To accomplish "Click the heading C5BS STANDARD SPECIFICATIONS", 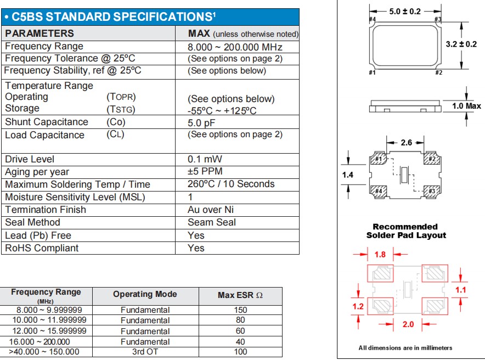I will (110, 17).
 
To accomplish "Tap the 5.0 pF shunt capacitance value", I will (201, 122).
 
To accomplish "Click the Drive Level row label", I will (30, 159).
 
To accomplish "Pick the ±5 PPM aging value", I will (205, 172).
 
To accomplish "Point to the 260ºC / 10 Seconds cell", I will (230, 184).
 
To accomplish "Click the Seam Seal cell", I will (212, 222).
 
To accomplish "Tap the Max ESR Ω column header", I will (240, 295).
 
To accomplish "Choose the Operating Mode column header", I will (145, 295).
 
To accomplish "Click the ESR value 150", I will (240, 310).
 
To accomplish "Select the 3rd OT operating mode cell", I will (145, 352).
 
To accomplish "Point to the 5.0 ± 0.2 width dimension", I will (405, 11).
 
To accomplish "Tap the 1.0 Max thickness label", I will (466, 106).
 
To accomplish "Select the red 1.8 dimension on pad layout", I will (380, 255).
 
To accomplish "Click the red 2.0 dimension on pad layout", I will (408, 324).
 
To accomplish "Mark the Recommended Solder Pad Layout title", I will (406, 231).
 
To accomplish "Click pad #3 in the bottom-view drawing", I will (432, 190).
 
